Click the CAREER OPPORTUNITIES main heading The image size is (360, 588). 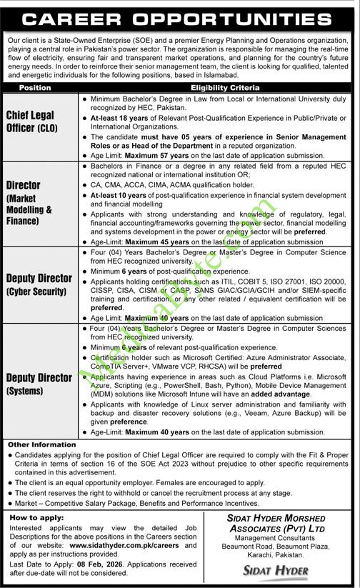tap(179, 16)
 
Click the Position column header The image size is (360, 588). tap(34, 88)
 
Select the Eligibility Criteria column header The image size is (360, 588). tap(219, 88)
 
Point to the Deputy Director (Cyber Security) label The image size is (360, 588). tap(39, 284)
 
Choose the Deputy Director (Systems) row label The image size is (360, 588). tap(39, 384)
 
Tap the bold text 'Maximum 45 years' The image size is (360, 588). tap(151, 241)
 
